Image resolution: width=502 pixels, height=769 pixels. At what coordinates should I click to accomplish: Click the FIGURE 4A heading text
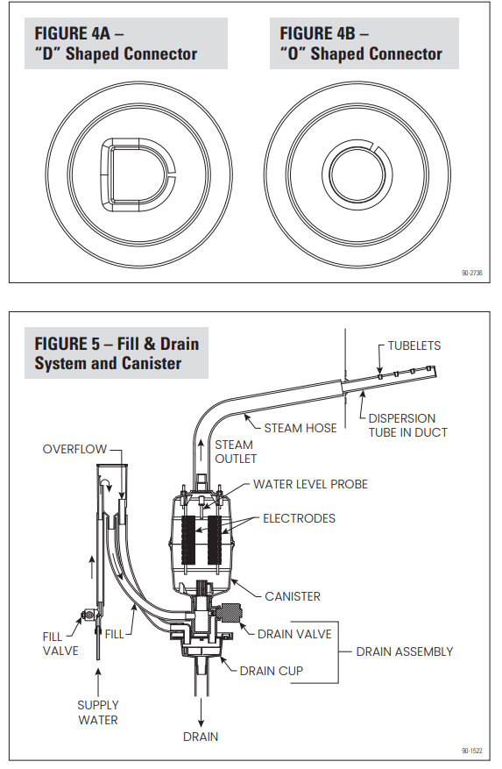[116, 44]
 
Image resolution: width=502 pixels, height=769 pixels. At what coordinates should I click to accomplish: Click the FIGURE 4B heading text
[361, 44]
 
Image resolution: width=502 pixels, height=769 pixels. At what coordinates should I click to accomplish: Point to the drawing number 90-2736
[472, 273]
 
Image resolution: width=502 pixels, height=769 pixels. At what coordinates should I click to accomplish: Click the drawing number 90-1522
[472, 751]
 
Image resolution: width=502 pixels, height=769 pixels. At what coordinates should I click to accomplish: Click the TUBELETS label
[414, 345]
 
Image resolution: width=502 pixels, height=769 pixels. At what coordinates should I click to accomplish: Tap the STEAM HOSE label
[300, 428]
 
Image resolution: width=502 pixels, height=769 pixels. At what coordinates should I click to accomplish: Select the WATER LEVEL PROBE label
[310, 484]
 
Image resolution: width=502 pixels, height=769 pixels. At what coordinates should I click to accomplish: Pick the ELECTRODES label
[299, 518]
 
